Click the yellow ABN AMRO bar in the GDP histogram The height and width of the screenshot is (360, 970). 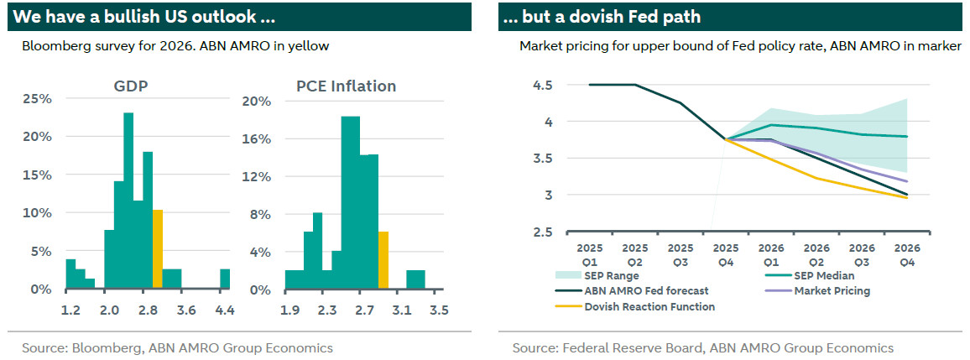[x=157, y=249]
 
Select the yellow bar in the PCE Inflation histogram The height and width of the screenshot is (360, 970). [x=383, y=260]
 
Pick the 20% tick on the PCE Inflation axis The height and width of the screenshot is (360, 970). [x=256, y=102]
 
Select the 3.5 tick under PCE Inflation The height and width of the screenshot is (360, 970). [x=439, y=310]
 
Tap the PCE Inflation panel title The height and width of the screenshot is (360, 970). [x=346, y=86]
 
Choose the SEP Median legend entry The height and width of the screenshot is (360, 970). [x=811, y=276]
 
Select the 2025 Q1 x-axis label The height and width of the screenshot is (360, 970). [x=590, y=255]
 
